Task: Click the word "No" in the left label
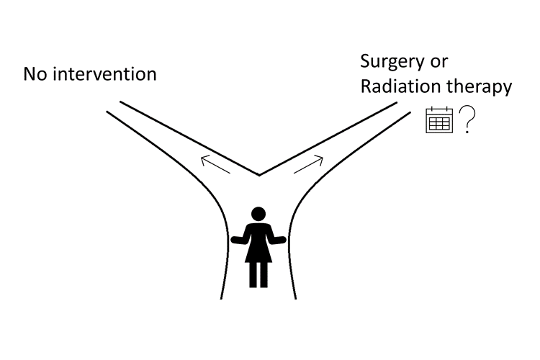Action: (x=35, y=74)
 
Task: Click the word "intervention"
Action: (x=104, y=73)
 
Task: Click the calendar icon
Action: (x=439, y=120)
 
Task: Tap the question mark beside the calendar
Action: (x=467, y=120)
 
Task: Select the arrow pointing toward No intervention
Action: (x=215, y=164)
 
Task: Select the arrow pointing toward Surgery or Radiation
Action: (x=309, y=165)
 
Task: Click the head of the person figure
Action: (x=258, y=214)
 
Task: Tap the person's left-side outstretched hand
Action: (x=235, y=240)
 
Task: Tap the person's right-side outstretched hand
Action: (x=282, y=240)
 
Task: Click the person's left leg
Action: (x=253, y=275)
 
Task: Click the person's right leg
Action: (x=264, y=275)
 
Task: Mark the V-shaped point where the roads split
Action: (x=259, y=176)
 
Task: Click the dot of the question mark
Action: (x=467, y=131)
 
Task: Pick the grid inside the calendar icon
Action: (x=439, y=123)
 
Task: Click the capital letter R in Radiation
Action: (x=366, y=86)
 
